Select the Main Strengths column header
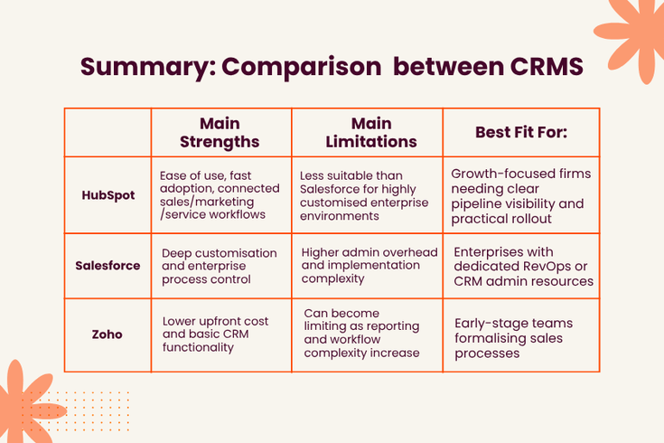pyautogui.click(x=220, y=133)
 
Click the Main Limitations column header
pyautogui.click(x=371, y=133)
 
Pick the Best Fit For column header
pyautogui.click(x=521, y=132)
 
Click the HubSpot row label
pyautogui.click(x=108, y=195)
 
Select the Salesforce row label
pyautogui.click(x=108, y=266)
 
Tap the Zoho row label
pyautogui.click(x=108, y=335)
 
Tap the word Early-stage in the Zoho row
pyautogui.click(x=482, y=324)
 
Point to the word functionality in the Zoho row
pyautogui.click(x=198, y=347)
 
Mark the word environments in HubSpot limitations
pyautogui.click(x=339, y=216)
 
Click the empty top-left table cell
pyautogui.click(x=108, y=133)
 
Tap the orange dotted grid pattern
pyautogui.click(x=80, y=411)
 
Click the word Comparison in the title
pyautogui.click(x=301, y=67)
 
